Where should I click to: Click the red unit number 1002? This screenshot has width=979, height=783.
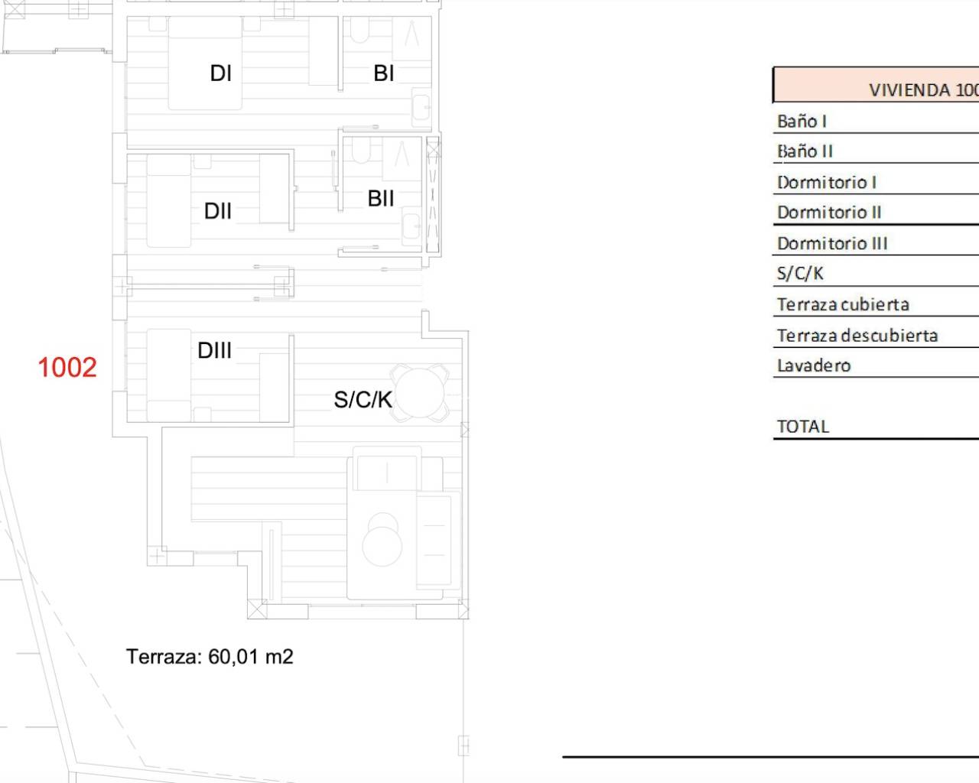pos(67,367)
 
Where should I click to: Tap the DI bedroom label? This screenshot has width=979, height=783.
pos(221,73)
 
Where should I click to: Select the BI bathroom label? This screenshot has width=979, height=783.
pos(383,73)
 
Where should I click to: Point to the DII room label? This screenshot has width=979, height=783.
pos(218,211)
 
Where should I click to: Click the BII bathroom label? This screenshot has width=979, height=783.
pos(381,198)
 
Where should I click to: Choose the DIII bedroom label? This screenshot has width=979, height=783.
pos(215,350)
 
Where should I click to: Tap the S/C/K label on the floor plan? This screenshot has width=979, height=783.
pos(363,400)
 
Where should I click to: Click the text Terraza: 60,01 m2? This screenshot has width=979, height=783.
pos(210,657)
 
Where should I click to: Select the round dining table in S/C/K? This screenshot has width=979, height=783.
pos(419,393)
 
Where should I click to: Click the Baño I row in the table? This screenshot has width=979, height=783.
pos(802,122)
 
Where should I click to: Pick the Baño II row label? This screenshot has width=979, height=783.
pos(805,151)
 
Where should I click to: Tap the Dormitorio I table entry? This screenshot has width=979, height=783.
pos(827,183)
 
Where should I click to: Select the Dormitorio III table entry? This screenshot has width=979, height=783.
pos(832,243)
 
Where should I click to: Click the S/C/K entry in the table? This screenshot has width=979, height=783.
pos(800,274)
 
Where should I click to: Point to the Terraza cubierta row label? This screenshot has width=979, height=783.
pos(843,304)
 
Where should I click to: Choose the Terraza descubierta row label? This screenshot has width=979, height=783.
pos(857,336)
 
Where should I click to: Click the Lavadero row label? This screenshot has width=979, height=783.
pos(814,366)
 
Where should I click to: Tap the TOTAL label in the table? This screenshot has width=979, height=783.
pos(803,427)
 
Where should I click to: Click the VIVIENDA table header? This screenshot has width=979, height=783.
pos(923,90)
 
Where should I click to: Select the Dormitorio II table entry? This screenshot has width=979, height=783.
pos(829,213)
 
